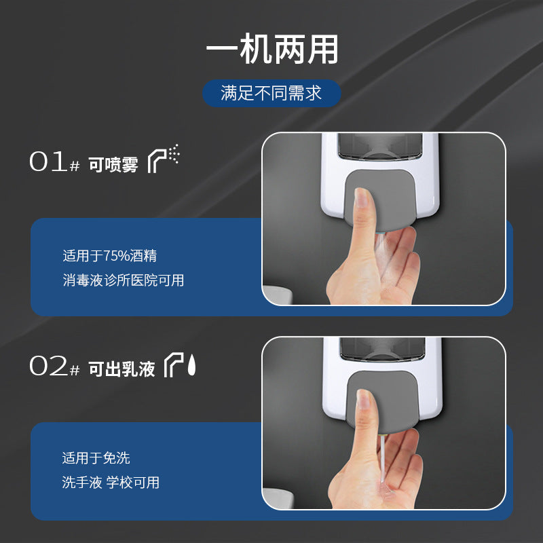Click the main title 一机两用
(272, 49)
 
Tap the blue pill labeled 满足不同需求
(271, 93)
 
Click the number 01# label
(55, 162)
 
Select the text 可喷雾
(113, 164)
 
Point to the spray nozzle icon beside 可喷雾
(163, 159)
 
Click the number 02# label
(55, 366)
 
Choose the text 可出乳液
(121, 369)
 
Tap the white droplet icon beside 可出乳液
(191, 364)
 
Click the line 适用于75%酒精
(110, 256)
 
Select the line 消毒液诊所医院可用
(124, 280)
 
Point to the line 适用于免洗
(96, 457)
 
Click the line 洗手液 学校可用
(111, 483)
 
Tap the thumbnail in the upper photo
(362, 198)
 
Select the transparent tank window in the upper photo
(380, 146)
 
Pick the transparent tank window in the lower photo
(382, 349)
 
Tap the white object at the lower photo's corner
(278, 498)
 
